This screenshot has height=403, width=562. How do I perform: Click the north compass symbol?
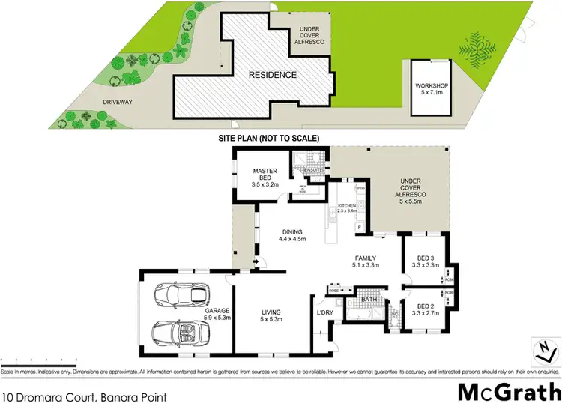point(545,348)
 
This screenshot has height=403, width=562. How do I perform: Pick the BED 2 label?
point(425,306)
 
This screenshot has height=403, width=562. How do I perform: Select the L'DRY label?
point(324,312)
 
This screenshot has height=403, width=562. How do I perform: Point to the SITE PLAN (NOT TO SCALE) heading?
point(269,139)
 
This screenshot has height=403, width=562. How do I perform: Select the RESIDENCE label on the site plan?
point(274,75)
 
